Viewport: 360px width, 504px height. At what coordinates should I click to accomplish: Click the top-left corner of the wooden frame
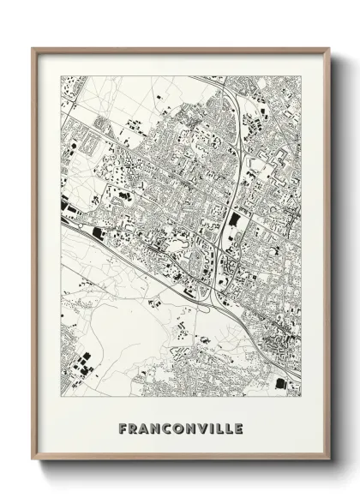click(33, 48)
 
